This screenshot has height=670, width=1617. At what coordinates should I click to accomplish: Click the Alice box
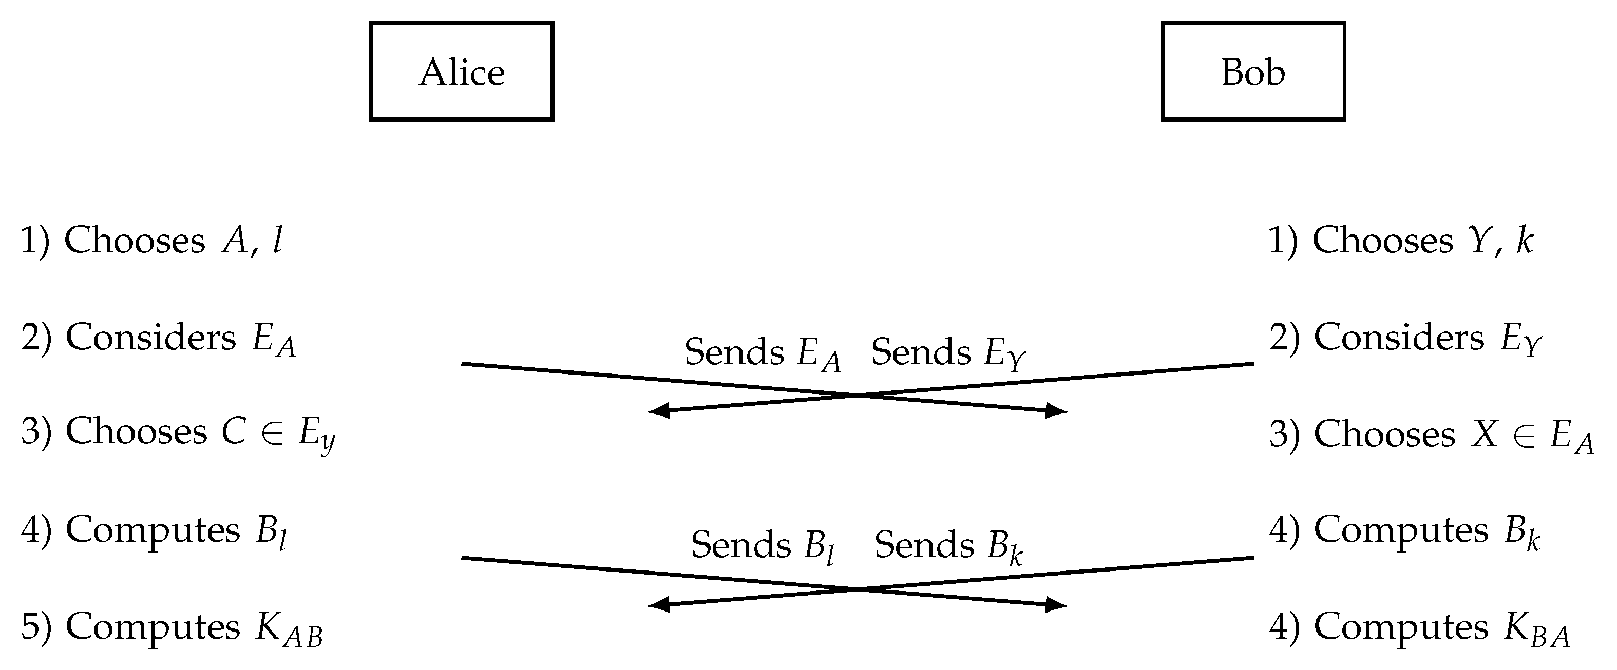[461, 71]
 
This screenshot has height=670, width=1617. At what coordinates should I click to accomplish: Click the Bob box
[1252, 71]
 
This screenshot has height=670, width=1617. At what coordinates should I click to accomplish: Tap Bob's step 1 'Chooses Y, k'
[1400, 240]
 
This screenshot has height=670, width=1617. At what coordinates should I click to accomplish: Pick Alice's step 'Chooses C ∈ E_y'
[178, 433]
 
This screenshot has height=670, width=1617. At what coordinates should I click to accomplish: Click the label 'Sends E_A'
[762, 352]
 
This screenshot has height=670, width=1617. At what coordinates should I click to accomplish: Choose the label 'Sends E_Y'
[948, 352]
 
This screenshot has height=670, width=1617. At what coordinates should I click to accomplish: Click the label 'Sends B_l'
[762, 546]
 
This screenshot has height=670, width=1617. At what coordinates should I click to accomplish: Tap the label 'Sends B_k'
[948, 546]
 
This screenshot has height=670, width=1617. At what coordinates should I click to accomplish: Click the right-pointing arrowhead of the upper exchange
[1058, 411]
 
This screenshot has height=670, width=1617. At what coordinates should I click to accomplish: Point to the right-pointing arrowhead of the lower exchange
[1058, 605]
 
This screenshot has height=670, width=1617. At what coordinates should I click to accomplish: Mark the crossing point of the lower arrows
[858, 588]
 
